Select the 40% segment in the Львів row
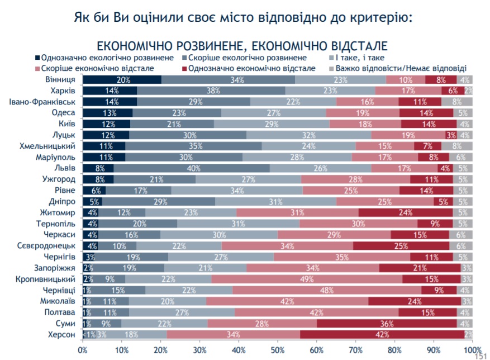[192, 168]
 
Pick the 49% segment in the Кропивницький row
[307, 278]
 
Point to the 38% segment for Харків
[211, 91]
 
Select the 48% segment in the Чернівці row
[327, 290]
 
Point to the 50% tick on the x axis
[278, 350]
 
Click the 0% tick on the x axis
[83, 350]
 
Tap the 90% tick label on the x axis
[434, 350]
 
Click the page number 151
[480, 356]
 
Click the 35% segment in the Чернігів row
[341, 257]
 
